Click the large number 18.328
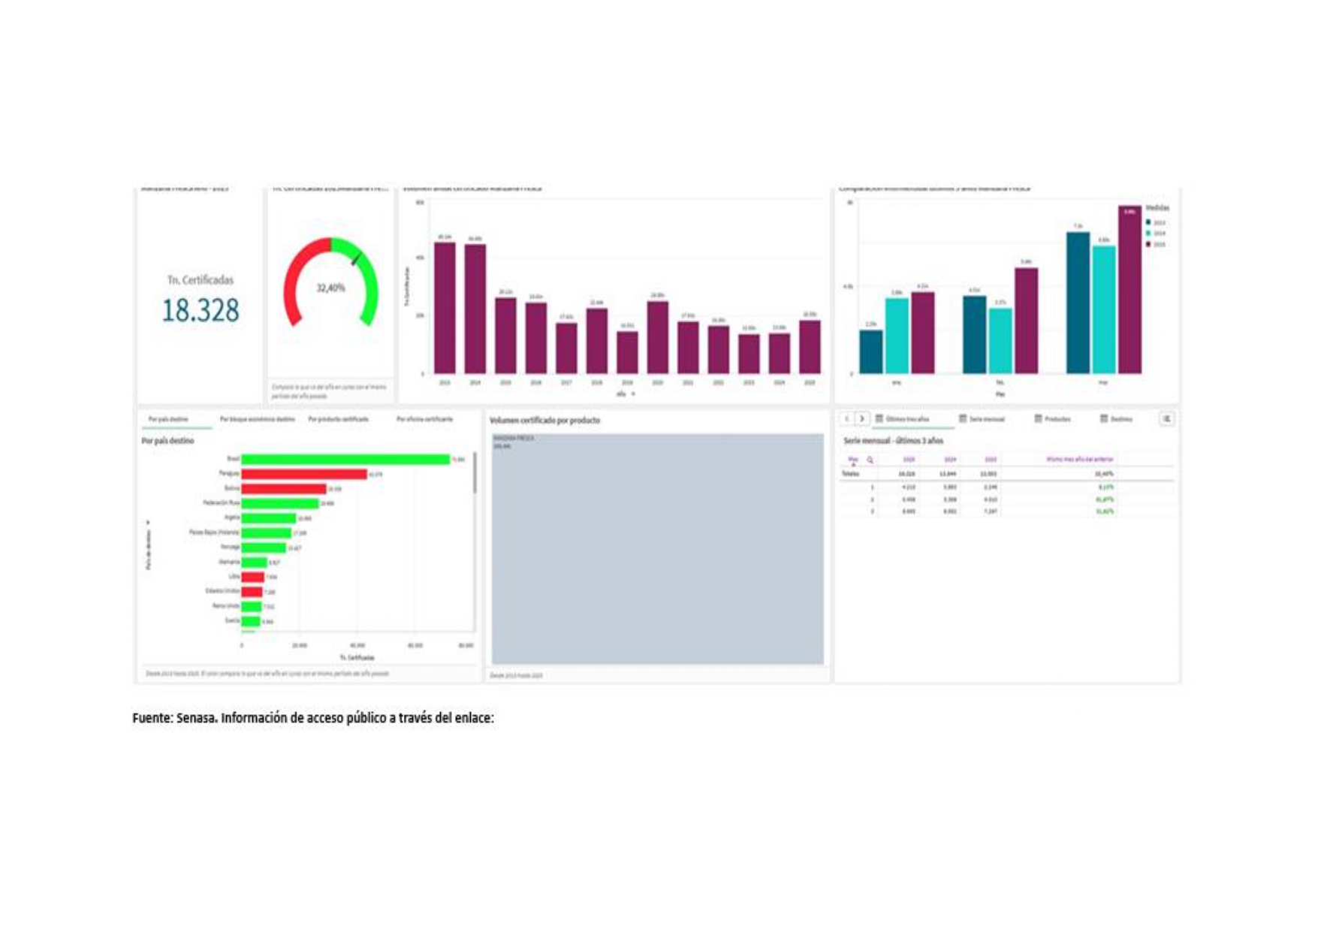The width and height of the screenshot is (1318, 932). [x=201, y=310]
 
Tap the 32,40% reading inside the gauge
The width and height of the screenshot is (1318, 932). [x=330, y=288]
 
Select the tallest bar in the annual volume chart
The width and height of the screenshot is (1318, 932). [x=445, y=308]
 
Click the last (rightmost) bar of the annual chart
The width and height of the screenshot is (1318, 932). [x=810, y=347]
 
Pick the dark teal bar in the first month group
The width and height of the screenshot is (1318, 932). [x=871, y=351]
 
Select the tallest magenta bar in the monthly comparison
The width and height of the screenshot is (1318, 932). [x=1129, y=290]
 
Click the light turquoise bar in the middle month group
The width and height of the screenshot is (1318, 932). [x=1000, y=341]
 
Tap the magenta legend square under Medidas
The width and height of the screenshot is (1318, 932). [x=1149, y=244]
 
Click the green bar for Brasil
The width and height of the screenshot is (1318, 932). [x=345, y=459]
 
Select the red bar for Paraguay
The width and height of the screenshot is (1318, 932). [x=304, y=474]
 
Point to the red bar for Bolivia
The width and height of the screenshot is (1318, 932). [x=284, y=489]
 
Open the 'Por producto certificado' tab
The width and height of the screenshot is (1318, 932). [x=338, y=419]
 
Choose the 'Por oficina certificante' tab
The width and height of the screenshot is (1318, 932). [x=424, y=419]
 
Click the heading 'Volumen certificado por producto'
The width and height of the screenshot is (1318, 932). [x=544, y=421]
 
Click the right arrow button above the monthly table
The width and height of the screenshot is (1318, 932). [x=862, y=418]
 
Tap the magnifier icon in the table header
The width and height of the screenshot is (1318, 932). [x=870, y=460]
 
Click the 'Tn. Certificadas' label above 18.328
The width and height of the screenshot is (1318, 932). [x=201, y=280]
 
